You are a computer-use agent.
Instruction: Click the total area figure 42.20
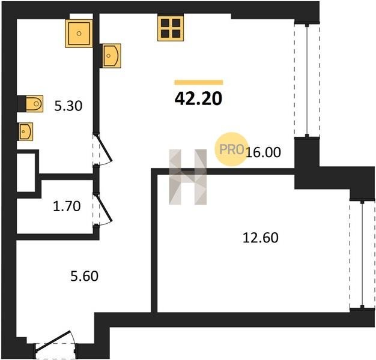(198, 98)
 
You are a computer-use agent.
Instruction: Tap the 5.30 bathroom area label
(68, 106)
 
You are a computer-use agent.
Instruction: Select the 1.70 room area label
(67, 206)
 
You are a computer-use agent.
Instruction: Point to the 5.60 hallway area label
(85, 276)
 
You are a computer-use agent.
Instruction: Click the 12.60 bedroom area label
(261, 238)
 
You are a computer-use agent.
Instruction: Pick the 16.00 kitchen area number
(263, 152)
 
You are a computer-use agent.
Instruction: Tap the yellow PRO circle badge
(231, 149)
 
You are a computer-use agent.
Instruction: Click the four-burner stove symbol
(171, 29)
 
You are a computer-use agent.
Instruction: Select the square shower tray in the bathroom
(79, 34)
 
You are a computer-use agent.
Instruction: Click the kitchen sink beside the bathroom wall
(111, 56)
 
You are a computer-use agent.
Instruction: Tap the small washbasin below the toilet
(25, 131)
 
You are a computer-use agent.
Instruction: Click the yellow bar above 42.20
(199, 82)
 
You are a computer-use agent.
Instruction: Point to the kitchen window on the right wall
(307, 80)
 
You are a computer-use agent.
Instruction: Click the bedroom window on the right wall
(362, 254)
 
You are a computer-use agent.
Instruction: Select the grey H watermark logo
(188, 177)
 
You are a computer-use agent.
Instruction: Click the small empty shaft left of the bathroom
(26, 172)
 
